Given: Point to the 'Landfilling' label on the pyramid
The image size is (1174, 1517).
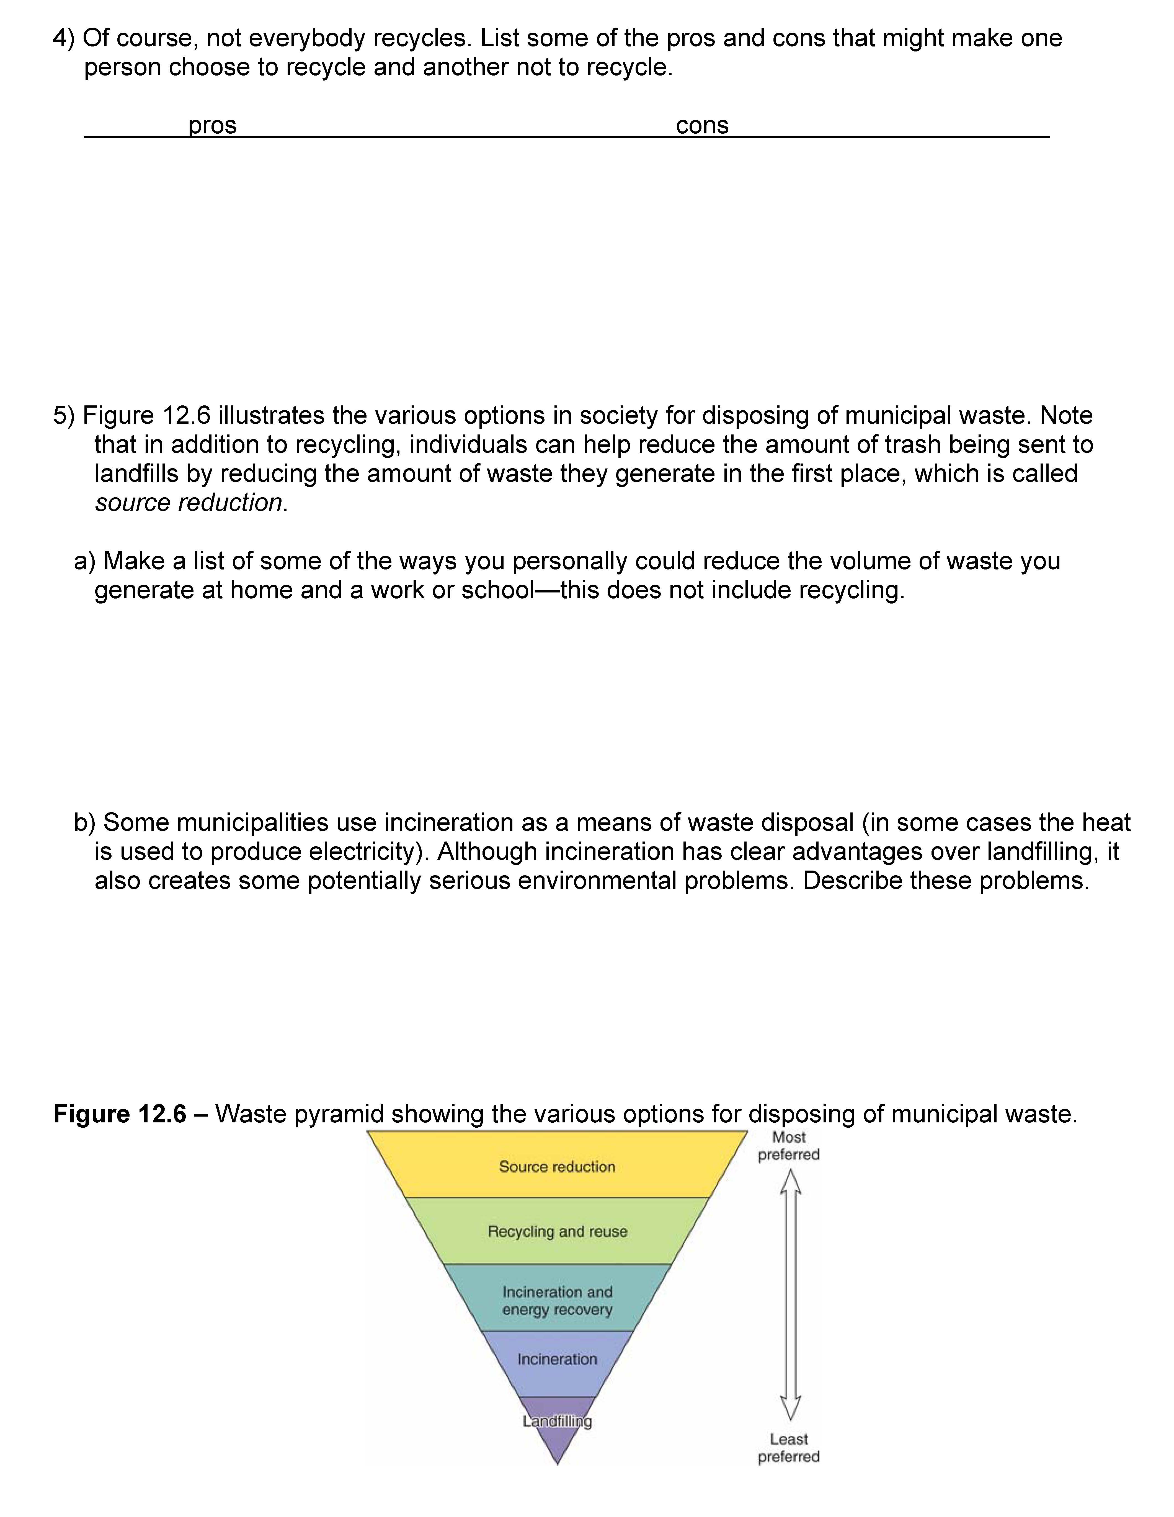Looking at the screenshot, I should pyautogui.click(x=557, y=1421).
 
